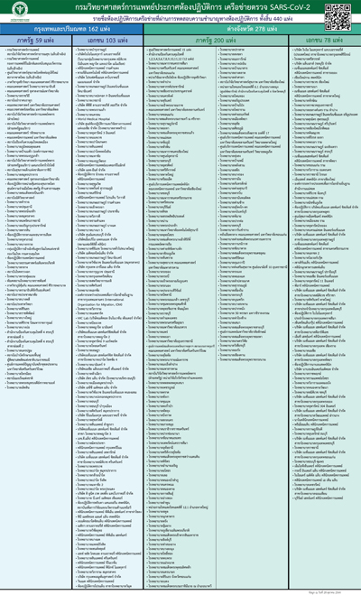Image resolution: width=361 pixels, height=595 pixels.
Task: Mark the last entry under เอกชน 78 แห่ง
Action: tap(316, 547)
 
